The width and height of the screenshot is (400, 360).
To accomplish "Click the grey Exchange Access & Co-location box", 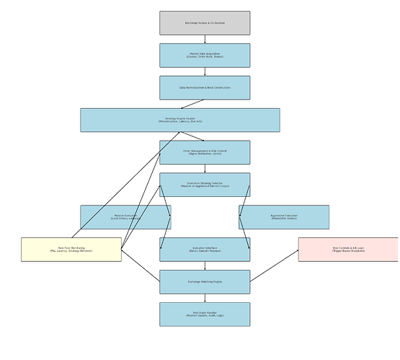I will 205,23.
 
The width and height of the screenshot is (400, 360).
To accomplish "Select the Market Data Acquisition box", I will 205,55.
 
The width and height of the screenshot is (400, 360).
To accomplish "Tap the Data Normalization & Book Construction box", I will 205,87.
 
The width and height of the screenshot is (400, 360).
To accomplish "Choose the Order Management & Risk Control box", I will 205,152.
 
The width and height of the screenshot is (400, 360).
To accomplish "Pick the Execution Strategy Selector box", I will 205,185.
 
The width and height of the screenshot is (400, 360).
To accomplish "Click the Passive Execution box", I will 125,216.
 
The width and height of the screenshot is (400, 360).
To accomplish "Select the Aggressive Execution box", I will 284,216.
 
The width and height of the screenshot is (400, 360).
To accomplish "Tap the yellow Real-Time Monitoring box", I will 71,249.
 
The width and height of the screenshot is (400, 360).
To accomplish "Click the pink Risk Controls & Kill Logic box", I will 348,249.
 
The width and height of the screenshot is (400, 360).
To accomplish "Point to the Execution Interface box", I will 205,249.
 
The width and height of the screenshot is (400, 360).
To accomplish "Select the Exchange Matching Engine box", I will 205,281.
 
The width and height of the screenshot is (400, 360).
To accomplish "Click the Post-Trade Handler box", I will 205,314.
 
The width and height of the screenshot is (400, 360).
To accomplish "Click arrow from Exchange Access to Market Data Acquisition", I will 205,39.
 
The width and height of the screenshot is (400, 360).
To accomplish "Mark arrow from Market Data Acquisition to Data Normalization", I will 205,71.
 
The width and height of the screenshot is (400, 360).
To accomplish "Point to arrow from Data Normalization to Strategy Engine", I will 193,104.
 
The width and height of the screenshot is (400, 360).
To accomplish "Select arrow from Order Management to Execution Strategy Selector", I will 205,168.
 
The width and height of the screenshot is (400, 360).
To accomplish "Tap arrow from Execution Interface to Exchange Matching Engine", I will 205,265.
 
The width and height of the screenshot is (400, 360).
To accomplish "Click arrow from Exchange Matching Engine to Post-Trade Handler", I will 205,298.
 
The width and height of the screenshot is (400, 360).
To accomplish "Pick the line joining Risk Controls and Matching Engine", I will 274,265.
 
